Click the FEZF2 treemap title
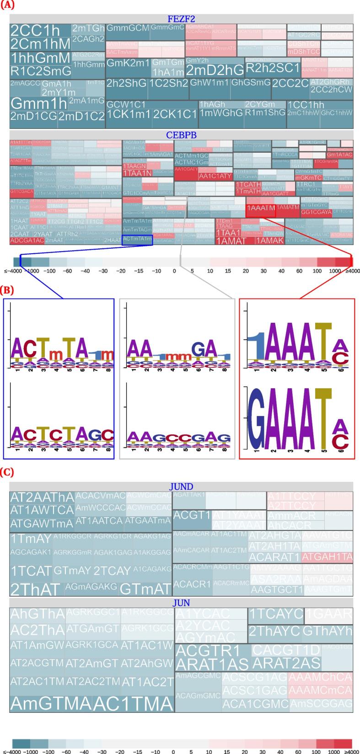181,19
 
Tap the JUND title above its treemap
181,487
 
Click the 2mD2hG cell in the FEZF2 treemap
215,70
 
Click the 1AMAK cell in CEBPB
270,241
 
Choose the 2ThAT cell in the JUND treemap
35,589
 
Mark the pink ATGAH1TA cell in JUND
327,557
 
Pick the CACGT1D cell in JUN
286,650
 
